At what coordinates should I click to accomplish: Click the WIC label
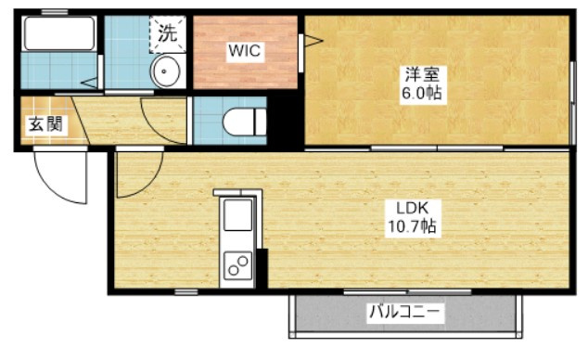click(x=245, y=51)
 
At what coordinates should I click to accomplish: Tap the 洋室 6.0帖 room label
click(x=422, y=84)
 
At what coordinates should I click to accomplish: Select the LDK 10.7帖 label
click(x=412, y=218)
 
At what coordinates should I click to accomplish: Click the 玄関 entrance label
click(x=45, y=123)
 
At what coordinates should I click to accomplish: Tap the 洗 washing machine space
click(x=167, y=33)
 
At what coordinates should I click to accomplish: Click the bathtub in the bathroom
click(x=59, y=33)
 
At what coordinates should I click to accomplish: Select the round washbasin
click(x=165, y=71)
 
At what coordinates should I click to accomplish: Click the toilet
click(x=244, y=122)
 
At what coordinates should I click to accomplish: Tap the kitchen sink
click(x=237, y=215)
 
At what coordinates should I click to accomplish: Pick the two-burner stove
click(x=237, y=266)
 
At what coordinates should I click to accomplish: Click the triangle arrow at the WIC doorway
click(x=313, y=40)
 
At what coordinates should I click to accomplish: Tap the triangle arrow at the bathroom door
click(x=88, y=83)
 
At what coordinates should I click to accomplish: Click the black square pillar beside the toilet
click(x=285, y=121)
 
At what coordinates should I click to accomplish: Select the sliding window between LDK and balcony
click(x=407, y=291)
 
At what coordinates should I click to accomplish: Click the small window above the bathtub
click(x=55, y=12)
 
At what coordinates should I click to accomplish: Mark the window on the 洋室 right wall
click(x=572, y=102)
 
